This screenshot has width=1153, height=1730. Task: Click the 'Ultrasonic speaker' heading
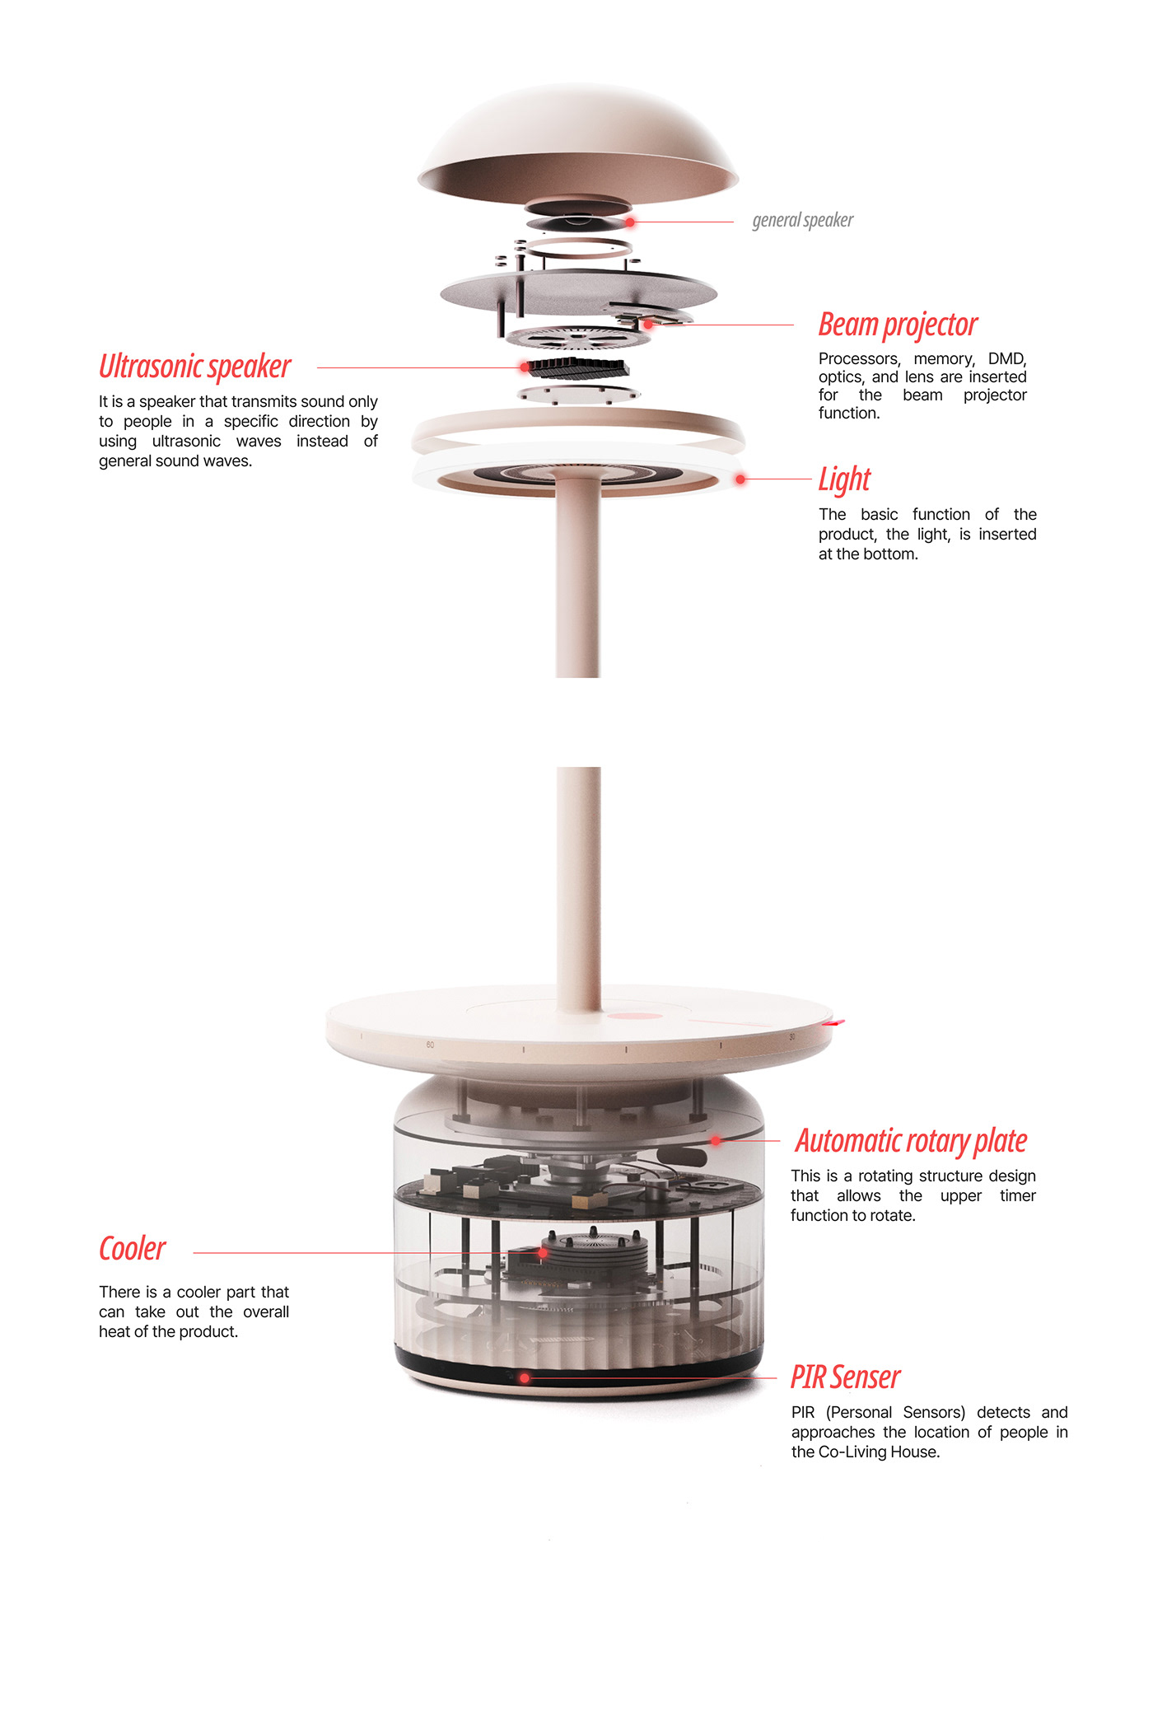[195, 367]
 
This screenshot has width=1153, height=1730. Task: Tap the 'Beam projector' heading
[898, 325]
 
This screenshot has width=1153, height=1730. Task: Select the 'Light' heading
[844, 479]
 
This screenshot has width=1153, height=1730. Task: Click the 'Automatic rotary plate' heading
[911, 1141]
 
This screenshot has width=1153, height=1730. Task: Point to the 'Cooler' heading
[133, 1249]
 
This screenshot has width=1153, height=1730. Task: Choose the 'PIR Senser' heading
[846, 1377]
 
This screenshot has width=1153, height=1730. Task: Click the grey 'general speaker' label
[803, 221]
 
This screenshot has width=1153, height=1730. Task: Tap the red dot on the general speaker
[630, 222]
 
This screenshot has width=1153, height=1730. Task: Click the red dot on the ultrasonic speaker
[525, 367]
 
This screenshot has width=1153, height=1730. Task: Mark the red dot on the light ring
[740, 479]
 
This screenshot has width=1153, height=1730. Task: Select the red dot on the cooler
[544, 1253]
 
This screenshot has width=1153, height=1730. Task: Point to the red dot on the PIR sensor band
[525, 1377]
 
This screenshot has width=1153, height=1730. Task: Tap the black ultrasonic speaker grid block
[579, 367]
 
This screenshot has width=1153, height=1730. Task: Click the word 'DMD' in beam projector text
[1007, 359]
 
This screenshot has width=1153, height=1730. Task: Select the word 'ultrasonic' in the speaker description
[186, 442]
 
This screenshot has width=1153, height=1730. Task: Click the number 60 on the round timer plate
[430, 1045]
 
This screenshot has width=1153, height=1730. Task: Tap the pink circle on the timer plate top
[635, 1016]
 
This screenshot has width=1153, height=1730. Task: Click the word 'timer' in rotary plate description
[1018, 1196]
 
